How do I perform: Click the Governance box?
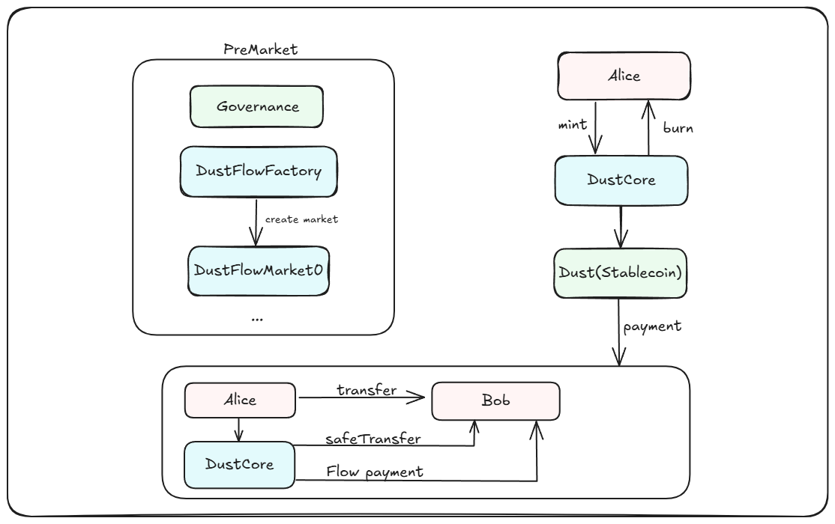[x=256, y=106]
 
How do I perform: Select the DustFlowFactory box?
[x=259, y=171]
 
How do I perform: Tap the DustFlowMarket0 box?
[x=259, y=271]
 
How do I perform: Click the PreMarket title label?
[x=260, y=49]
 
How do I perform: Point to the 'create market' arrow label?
[x=301, y=219]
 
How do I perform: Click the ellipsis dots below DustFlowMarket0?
[x=257, y=320]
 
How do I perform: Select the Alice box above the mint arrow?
[x=624, y=76]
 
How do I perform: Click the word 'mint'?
[x=573, y=124]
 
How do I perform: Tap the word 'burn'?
[x=678, y=128]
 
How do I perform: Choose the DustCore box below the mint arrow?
[x=621, y=180]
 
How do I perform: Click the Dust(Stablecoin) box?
[x=621, y=273]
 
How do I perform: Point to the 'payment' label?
[x=652, y=326]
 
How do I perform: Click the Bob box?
[x=495, y=400]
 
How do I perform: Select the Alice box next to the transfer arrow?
[x=240, y=400]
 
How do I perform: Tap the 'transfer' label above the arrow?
[x=367, y=390]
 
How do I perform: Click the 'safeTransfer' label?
[x=373, y=439]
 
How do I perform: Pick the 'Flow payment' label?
[x=375, y=472]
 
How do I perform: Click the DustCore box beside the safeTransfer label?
[x=240, y=464]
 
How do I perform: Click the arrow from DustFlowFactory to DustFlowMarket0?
[x=256, y=222]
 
